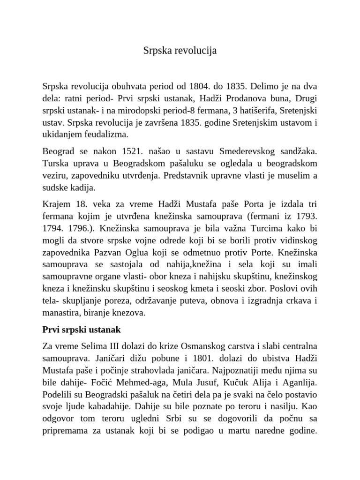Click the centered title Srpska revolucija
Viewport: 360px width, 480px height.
click(x=180, y=51)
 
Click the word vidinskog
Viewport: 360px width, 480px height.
click(x=294, y=241)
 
